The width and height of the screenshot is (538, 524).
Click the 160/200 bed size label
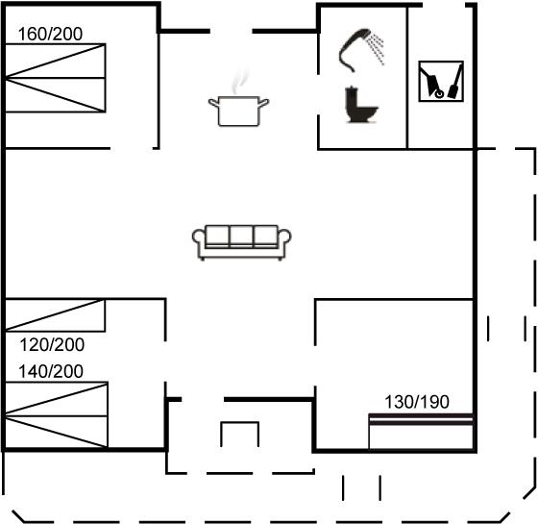tap(50, 34)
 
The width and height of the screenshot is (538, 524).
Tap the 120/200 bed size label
tap(52, 345)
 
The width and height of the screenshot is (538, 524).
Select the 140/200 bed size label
tap(51, 371)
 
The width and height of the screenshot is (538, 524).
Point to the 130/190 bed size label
tap(417, 402)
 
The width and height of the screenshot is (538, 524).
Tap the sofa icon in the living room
tap(241, 242)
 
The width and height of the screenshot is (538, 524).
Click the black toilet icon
tap(361, 105)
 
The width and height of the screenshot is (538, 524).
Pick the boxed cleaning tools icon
tap(441, 82)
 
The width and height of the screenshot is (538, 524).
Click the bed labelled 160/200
tap(56, 78)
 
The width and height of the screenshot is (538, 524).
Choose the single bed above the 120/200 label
tap(55, 315)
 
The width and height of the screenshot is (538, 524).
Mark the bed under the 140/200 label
tap(57, 414)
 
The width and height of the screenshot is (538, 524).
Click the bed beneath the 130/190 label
tap(421, 432)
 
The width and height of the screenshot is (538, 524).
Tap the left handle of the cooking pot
tap(213, 102)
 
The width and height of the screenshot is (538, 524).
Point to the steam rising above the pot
tap(239, 82)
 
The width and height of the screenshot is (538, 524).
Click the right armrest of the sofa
tap(284, 240)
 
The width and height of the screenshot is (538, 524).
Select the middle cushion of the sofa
tap(241, 237)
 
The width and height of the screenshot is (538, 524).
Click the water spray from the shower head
tap(376, 49)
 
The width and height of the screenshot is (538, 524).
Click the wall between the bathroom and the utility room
tap(407, 78)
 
